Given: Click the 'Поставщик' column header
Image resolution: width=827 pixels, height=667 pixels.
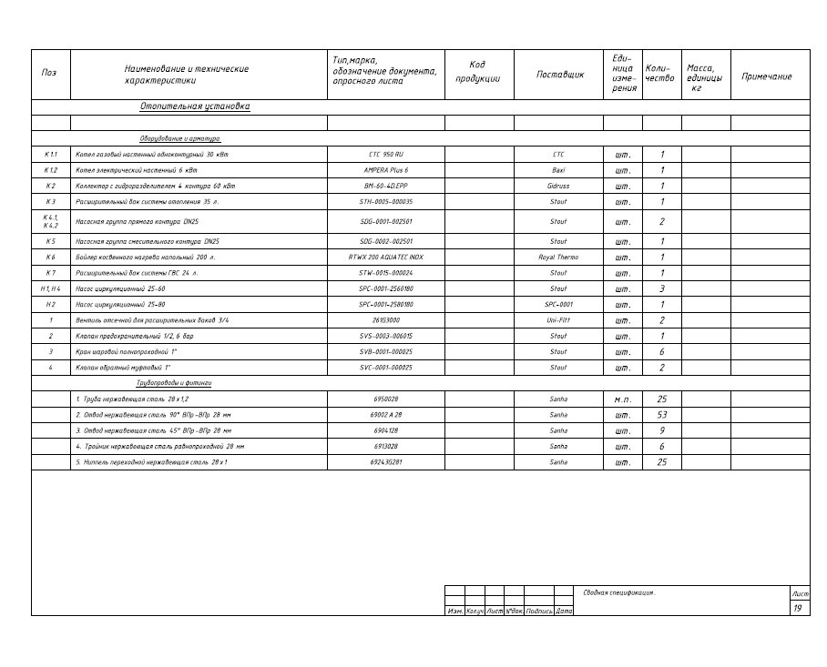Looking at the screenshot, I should (559, 75).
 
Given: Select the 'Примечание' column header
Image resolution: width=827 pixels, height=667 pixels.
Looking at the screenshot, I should (767, 76).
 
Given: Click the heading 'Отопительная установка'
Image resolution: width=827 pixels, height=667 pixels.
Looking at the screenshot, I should (194, 106).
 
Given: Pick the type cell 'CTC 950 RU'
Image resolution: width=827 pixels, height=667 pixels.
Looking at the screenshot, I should (385, 155).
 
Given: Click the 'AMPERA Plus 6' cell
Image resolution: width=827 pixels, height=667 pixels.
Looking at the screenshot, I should (385, 170).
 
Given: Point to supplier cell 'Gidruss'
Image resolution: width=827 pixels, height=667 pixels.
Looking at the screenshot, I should (558, 186).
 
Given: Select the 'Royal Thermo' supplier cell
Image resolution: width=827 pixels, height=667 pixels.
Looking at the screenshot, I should (558, 258).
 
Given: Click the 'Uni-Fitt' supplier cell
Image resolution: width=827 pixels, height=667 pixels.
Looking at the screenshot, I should (558, 320).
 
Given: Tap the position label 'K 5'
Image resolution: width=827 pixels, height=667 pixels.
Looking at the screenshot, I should (50, 241).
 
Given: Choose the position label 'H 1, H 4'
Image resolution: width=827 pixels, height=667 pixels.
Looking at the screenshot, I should (50, 288).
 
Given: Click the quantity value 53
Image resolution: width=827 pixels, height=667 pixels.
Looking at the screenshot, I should (662, 415).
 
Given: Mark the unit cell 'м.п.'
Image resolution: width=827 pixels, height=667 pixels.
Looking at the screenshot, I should (623, 399).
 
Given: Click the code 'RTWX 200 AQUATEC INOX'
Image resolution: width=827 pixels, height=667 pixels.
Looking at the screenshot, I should (385, 258).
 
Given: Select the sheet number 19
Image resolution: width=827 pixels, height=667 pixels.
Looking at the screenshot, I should (798, 608).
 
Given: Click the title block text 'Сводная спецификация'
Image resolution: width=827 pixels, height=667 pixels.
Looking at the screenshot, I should (618, 592).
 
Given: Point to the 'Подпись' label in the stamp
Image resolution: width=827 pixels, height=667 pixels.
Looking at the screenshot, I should (539, 611).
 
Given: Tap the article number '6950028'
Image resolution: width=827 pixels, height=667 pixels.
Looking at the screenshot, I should (385, 399).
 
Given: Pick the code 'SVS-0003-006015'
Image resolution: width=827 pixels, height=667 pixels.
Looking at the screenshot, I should (385, 336).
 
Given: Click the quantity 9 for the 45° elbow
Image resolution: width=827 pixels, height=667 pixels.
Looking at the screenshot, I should (662, 430).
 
